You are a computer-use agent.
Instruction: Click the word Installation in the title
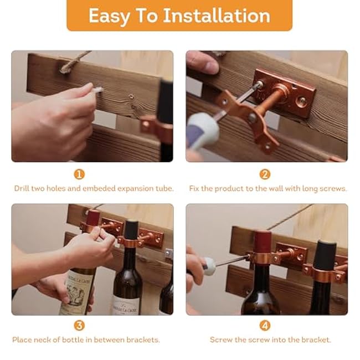click(x=216, y=16)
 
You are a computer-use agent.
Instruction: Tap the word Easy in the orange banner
click(x=109, y=16)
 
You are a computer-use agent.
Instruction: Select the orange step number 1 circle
click(x=79, y=174)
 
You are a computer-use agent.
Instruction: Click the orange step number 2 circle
click(x=265, y=174)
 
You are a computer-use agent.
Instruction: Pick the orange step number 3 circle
click(x=79, y=326)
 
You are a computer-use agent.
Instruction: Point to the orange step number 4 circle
click(x=265, y=326)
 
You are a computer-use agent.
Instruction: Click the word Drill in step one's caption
click(x=23, y=188)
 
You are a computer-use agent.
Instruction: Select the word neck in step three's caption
click(x=52, y=340)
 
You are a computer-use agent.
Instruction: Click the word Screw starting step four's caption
click(x=220, y=340)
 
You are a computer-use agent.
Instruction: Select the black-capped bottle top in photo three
click(x=131, y=229)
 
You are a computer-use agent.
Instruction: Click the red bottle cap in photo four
click(x=263, y=241)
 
